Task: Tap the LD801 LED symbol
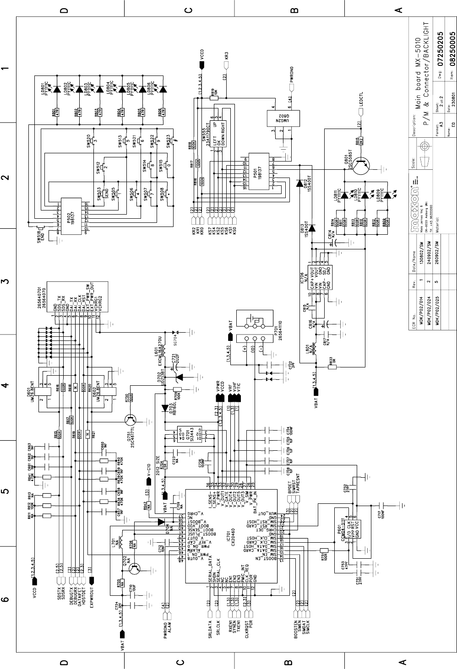tap(57, 90)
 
